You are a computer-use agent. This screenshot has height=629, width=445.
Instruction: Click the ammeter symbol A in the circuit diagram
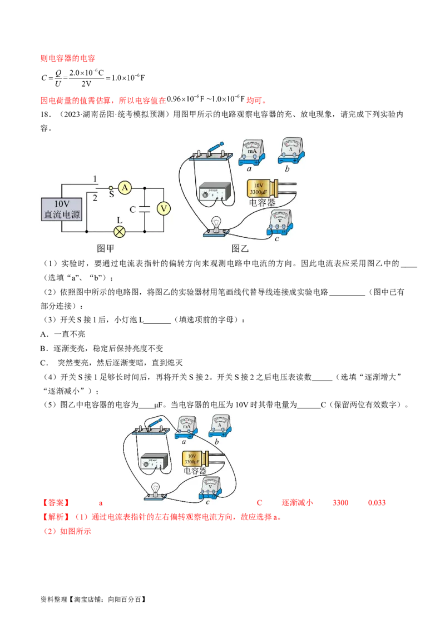click(125, 187)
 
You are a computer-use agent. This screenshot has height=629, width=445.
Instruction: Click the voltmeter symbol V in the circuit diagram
click(164, 208)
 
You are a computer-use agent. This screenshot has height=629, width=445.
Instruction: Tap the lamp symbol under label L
click(119, 232)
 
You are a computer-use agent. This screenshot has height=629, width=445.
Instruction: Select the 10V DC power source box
click(62, 209)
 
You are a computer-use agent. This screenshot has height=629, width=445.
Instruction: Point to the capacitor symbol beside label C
click(144, 209)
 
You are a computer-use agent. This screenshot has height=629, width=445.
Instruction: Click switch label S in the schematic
click(111, 194)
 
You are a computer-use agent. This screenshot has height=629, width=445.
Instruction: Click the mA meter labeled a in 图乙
click(252, 153)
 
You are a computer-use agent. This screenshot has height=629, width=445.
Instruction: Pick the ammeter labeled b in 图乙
click(291, 150)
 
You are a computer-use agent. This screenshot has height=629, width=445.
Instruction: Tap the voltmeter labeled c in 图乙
click(280, 222)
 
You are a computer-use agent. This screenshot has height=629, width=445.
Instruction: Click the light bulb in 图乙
click(216, 227)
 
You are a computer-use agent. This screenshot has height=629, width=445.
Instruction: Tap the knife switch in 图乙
click(210, 151)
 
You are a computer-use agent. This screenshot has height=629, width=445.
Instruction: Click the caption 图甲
click(105, 249)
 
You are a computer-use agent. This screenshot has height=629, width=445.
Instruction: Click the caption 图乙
click(240, 249)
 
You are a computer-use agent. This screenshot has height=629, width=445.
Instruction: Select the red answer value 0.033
click(377, 503)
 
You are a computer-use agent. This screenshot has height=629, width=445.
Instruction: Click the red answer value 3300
click(340, 503)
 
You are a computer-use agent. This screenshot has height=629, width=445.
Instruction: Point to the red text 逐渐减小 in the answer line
click(297, 503)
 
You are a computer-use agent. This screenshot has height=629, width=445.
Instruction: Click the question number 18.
click(46, 114)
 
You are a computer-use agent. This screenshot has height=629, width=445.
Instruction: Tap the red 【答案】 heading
click(56, 503)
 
